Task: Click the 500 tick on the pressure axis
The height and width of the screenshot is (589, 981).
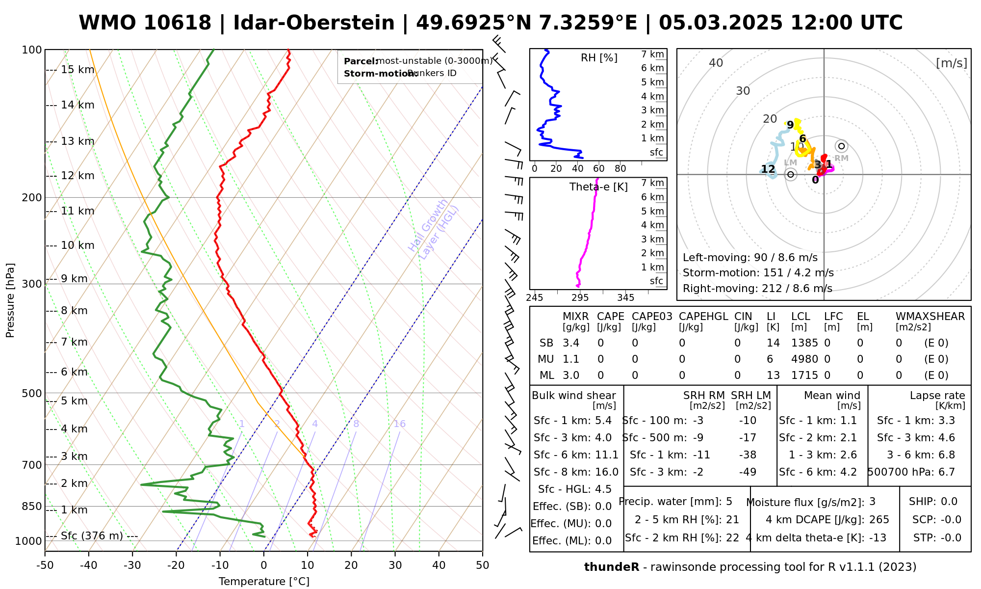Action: pyautogui.click(x=32, y=393)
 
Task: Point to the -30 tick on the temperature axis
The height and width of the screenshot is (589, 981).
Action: pyautogui.click(x=132, y=565)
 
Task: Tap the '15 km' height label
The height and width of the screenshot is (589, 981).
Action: pyautogui.click(x=77, y=70)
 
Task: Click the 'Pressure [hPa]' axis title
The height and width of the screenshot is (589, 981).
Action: pyautogui.click(x=10, y=300)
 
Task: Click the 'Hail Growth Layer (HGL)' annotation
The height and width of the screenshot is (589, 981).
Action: pyautogui.click(x=434, y=229)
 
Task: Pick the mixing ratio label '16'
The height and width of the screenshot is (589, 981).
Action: pyautogui.click(x=399, y=424)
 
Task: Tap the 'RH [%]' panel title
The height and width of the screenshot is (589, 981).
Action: pyautogui.click(x=599, y=58)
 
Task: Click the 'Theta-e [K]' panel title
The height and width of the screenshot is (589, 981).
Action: pyautogui.click(x=598, y=187)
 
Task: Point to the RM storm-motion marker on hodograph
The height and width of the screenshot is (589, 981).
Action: pyautogui.click(x=842, y=146)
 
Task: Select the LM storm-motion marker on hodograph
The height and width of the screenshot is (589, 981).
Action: pyautogui.click(x=790, y=174)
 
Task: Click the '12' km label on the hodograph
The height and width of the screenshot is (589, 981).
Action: pyautogui.click(x=768, y=169)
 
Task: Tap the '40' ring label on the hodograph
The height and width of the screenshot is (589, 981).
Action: pyautogui.click(x=716, y=63)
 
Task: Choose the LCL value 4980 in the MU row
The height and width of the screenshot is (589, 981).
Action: pyautogui.click(x=804, y=359)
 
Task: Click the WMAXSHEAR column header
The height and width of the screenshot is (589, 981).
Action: pyautogui.click(x=930, y=317)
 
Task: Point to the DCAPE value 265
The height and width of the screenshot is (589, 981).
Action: pyautogui.click(x=879, y=520)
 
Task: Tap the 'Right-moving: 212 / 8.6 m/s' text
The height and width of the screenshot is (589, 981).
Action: pyautogui.click(x=757, y=289)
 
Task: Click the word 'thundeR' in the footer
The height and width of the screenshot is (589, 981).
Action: pyautogui.click(x=611, y=567)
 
